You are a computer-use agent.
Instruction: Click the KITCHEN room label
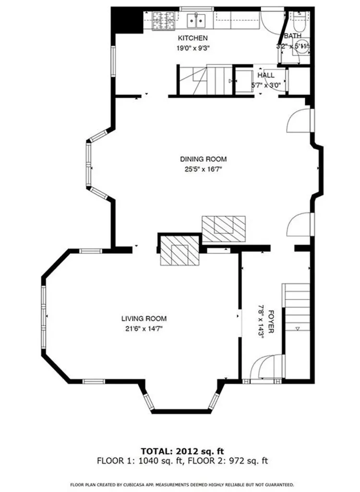pyautogui.click(x=193, y=38)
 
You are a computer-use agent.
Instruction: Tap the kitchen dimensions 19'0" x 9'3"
pyautogui.click(x=193, y=48)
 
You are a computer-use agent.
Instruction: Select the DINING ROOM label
pyautogui.click(x=203, y=159)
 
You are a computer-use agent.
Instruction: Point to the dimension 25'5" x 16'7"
pyautogui.click(x=203, y=169)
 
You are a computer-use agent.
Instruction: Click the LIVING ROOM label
pyautogui.click(x=144, y=319)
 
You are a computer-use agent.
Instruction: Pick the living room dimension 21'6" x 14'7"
pyautogui.click(x=144, y=329)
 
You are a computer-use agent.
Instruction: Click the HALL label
pyautogui.click(x=266, y=75)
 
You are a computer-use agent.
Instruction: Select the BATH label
pyautogui.click(x=292, y=36)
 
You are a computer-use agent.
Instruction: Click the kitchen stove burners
pyautogui.click(x=165, y=20)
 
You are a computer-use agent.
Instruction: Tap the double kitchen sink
pyautogui.click(x=196, y=20)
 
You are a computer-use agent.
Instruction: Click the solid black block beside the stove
pyautogui.click(x=127, y=20)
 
